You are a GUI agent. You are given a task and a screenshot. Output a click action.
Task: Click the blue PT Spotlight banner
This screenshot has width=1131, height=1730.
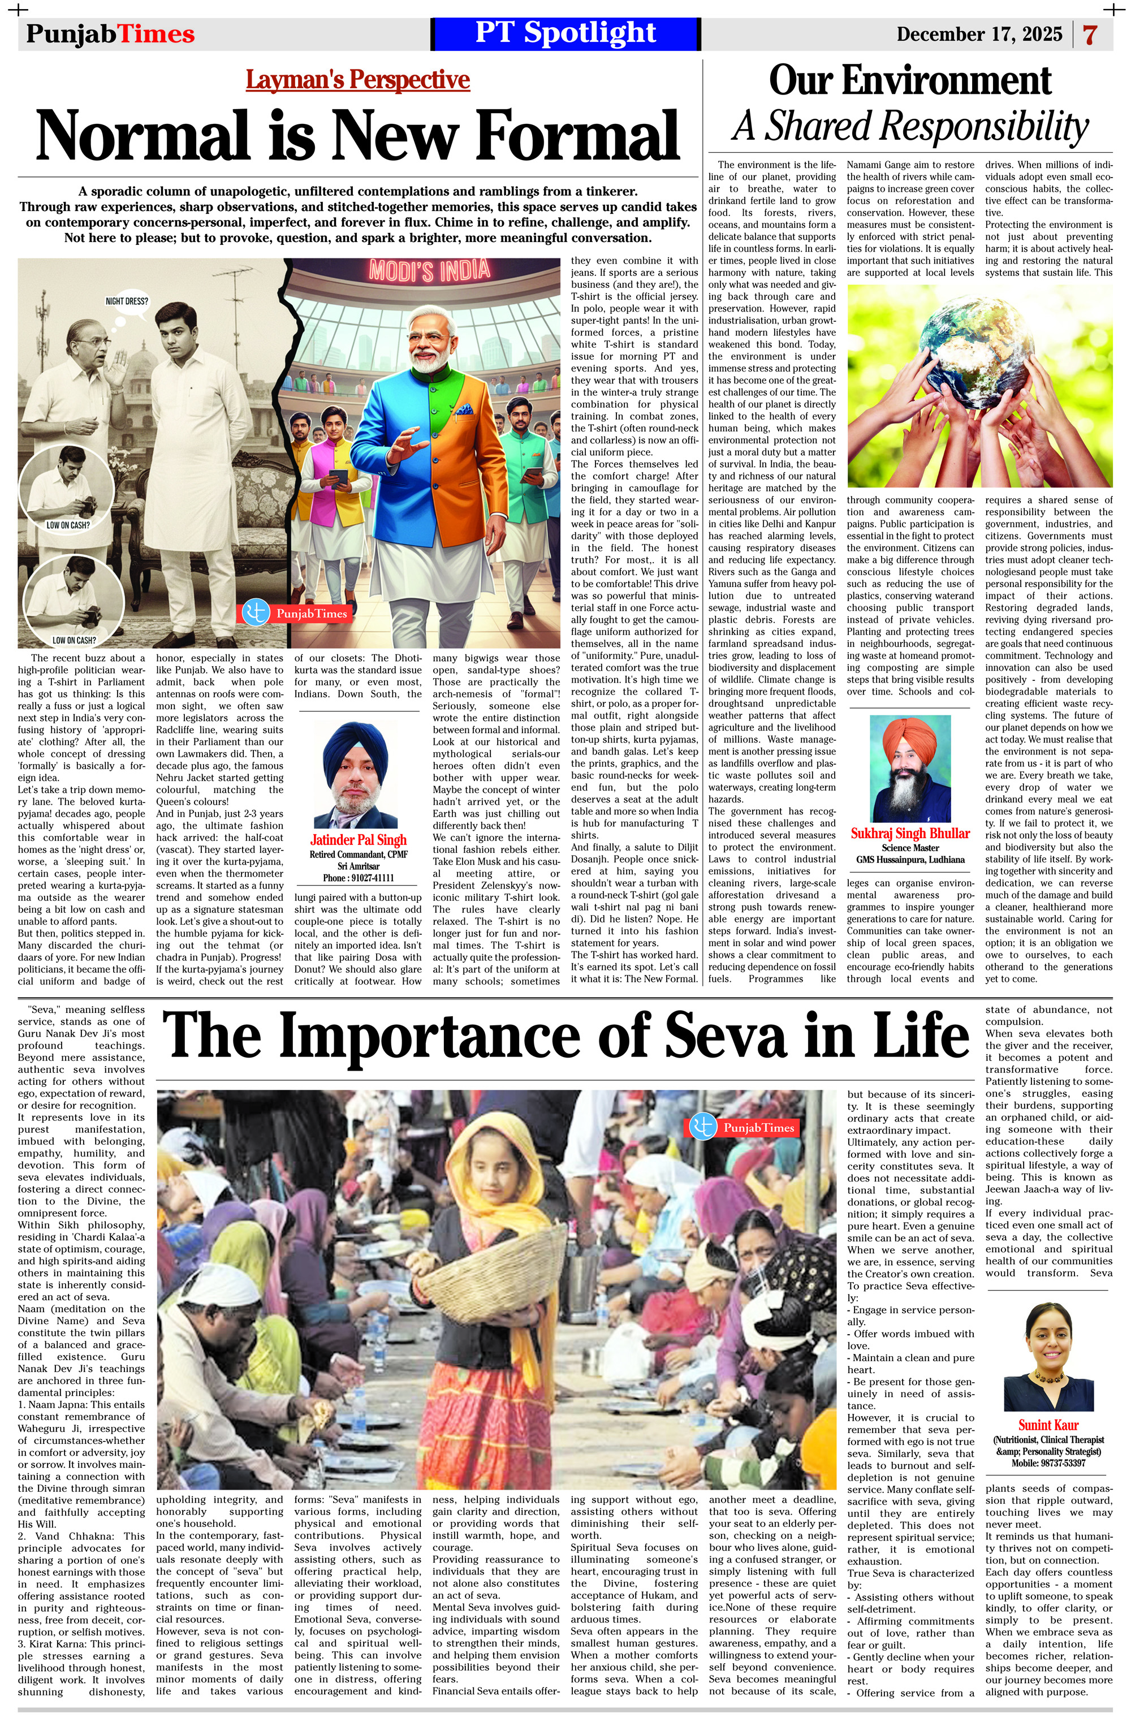click(565, 33)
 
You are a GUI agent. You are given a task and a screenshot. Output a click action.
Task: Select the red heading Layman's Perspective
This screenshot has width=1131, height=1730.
click(357, 79)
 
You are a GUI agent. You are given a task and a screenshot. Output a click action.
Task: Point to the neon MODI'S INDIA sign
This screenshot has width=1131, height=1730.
click(430, 270)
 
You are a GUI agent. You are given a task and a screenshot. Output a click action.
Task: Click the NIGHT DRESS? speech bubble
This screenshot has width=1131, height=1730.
click(127, 301)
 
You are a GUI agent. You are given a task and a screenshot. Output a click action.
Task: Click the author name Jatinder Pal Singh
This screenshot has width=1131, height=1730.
click(359, 840)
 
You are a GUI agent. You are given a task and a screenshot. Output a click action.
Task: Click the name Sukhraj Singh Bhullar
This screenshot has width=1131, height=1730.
click(910, 834)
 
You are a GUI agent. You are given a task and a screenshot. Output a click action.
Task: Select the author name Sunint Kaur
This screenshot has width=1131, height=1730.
click(1048, 1425)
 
